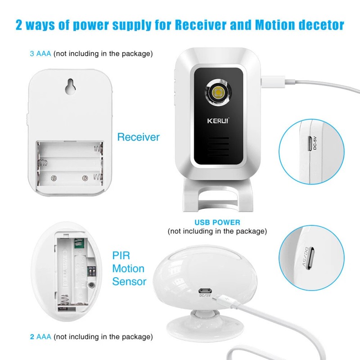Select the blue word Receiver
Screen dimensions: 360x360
click(138, 137)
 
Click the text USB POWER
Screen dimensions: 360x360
click(217, 222)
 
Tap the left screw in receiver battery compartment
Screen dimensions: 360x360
click(54, 177)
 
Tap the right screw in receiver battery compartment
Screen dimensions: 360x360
click(85, 177)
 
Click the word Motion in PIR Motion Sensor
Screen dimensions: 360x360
click(128, 269)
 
